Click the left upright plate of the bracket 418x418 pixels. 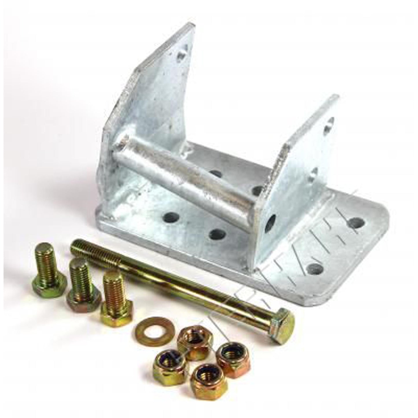pyautogui.click(x=150, y=95)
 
